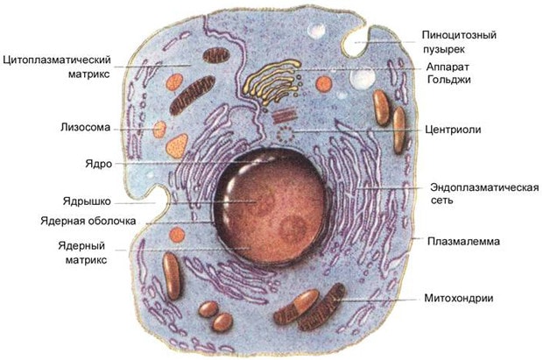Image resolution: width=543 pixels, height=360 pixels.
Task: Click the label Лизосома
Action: click(x=85, y=128)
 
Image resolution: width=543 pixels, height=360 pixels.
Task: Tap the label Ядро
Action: click(x=99, y=164)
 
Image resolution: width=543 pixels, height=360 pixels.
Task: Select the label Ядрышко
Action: click(x=87, y=201)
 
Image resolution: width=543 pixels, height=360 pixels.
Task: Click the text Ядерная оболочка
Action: click(x=88, y=221)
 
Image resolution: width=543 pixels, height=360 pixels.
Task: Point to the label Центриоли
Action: click(x=453, y=130)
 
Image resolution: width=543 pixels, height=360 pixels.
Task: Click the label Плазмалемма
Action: click(x=463, y=241)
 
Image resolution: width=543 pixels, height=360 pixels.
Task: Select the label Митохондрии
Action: click(x=459, y=298)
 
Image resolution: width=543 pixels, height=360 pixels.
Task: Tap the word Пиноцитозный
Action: click(x=459, y=35)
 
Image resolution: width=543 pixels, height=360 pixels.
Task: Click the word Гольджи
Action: click(x=448, y=80)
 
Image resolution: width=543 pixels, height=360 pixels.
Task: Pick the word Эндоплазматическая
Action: click(x=484, y=187)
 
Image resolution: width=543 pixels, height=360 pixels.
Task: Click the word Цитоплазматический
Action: click(x=57, y=60)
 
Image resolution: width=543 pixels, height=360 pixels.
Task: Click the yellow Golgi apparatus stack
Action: click(x=271, y=81)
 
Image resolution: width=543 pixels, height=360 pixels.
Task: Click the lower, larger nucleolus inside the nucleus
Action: click(x=293, y=229)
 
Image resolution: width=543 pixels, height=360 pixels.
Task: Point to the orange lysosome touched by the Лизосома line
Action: click(x=159, y=130)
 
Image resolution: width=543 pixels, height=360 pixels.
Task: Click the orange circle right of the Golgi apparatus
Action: click(x=324, y=84)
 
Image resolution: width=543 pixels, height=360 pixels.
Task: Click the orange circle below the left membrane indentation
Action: click(x=177, y=235)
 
